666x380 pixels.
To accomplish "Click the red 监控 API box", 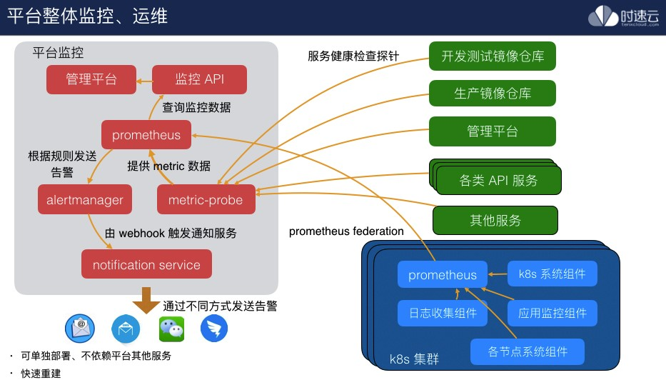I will [199, 79].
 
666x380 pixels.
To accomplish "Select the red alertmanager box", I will [85, 200].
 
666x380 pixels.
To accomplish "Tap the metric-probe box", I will [206, 200].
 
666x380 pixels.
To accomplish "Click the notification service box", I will [146, 264].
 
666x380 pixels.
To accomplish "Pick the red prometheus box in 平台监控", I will [146, 135].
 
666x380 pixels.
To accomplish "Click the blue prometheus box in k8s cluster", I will [443, 275].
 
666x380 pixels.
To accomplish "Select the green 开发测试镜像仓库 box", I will [492, 56].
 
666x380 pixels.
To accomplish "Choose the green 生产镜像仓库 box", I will [492, 94].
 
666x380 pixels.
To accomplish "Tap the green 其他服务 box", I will [495, 219].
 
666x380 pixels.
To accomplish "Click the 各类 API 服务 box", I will [498, 179].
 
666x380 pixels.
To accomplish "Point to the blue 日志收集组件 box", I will [443, 313].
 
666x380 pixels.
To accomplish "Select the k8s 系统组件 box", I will [552, 274].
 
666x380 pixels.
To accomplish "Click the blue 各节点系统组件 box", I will [528, 351].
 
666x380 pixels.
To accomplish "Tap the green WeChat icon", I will [171, 329].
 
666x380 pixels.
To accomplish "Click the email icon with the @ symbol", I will [80, 329].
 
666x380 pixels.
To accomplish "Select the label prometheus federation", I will [346, 231].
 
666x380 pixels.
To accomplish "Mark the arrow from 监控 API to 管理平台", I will [145, 80].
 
